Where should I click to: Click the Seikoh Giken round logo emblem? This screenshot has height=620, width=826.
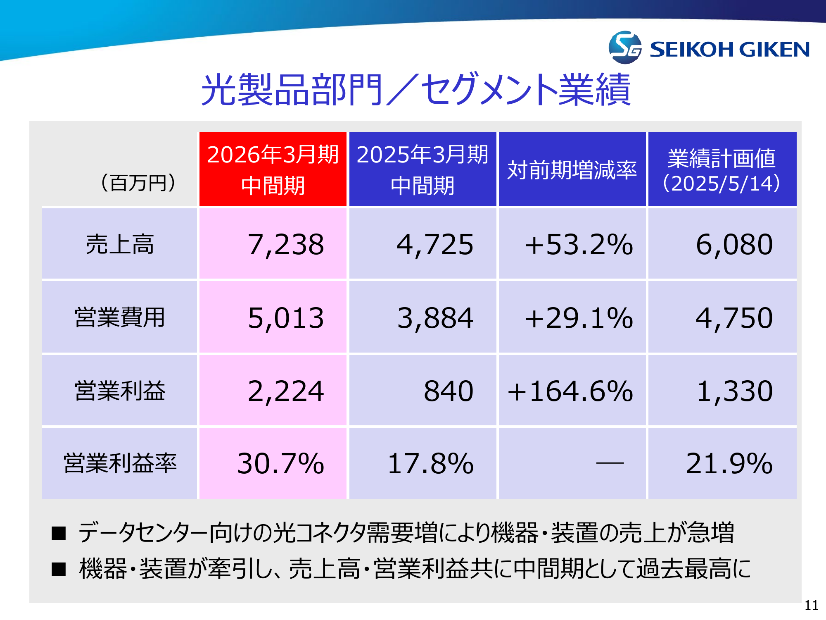click(x=625, y=48)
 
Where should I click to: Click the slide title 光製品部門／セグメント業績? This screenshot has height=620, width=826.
click(x=415, y=90)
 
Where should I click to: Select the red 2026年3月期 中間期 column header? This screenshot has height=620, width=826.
click(x=273, y=169)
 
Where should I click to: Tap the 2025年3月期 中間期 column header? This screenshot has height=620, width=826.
click(x=422, y=169)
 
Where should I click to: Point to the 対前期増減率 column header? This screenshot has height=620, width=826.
click(x=572, y=169)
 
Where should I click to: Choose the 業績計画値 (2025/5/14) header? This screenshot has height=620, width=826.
click(x=722, y=169)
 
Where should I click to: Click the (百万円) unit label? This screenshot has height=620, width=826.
click(x=138, y=183)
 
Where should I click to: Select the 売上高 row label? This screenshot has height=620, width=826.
click(x=120, y=244)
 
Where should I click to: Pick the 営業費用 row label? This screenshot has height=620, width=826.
click(x=120, y=317)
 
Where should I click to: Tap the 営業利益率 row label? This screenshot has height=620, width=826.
click(x=120, y=463)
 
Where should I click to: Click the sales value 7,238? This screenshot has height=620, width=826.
click(x=286, y=244)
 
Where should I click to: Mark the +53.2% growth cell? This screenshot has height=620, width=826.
click(x=578, y=244)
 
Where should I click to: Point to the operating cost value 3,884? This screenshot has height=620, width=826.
click(x=435, y=318)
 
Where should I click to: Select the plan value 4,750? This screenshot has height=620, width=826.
click(x=734, y=318)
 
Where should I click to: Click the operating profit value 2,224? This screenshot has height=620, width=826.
click(x=286, y=391)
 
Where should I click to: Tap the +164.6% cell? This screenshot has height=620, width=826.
click(x=570, y=391)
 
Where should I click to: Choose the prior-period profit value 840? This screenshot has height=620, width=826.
click(x=449, y=391)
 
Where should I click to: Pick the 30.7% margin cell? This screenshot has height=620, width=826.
click(x=281, y=463)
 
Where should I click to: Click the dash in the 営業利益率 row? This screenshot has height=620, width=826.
click(x=610, y=463)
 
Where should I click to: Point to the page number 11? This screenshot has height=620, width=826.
click(x=811, y=606)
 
